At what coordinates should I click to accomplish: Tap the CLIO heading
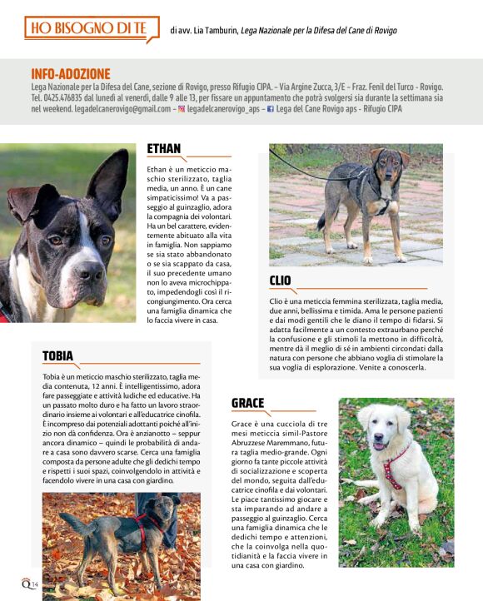[281, 281]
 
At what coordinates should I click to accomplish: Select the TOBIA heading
[57, 356]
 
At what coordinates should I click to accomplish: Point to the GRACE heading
[248, 403]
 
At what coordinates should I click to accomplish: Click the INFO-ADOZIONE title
[71, 74]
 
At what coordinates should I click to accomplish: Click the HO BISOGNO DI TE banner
[86, 29]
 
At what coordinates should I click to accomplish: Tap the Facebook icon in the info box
[271, 109]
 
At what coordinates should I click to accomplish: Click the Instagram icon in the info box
[182, 109]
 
